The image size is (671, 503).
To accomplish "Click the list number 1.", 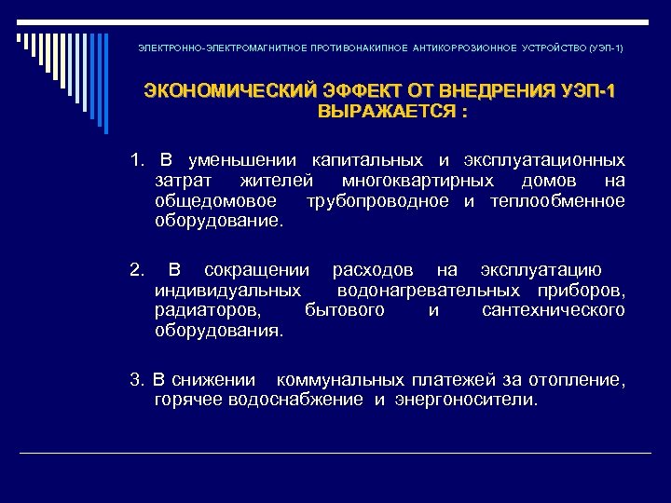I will pos(136,160).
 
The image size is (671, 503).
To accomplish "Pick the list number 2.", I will pos(136,270).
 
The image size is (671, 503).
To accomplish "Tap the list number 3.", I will pos(136,380).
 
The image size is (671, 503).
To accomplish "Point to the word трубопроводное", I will pos(377,201).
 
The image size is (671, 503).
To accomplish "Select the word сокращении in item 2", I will pos(256,270).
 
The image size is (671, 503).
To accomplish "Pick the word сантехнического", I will pos(554,310).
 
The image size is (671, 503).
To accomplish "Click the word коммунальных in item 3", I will pos(334,380).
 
